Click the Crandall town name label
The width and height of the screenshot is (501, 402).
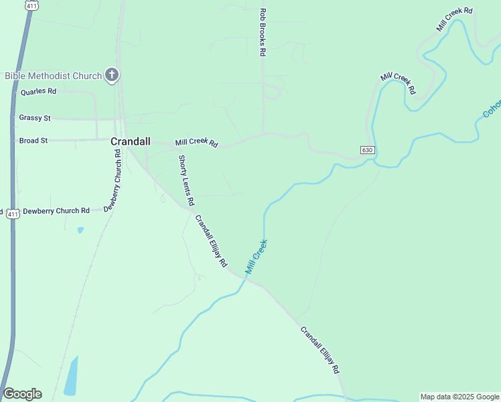click(x=130, y=141)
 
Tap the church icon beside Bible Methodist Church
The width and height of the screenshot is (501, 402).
click(x=112, y=76)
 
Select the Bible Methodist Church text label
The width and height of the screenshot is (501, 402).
click(x=53, y=76)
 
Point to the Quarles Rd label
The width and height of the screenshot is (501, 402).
click(x=38, y=92)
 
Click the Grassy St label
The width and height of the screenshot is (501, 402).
click(x=35, y=118)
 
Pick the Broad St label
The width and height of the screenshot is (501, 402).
click(x=33, y=141)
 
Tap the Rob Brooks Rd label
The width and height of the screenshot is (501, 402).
click(x=263, y=31)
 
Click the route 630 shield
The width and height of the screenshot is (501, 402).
click(x=366, y=149)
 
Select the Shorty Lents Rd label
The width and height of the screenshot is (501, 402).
click(x=186, y=180)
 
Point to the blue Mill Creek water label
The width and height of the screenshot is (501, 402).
click(x=257, y=257)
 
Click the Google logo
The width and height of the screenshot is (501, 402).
click(x=22, y=394)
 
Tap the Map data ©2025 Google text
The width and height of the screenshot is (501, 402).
click(x=459, y=397)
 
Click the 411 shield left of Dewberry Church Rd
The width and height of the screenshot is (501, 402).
click(x=12, y=213)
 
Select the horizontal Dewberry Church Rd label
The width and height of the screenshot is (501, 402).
click(x=56, y=210)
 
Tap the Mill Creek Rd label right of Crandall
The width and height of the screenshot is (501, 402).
click(x=197, y=143)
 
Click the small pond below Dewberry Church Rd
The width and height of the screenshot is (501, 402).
click(x=80, y=230)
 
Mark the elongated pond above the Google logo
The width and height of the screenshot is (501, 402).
click(x=71, y=376)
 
